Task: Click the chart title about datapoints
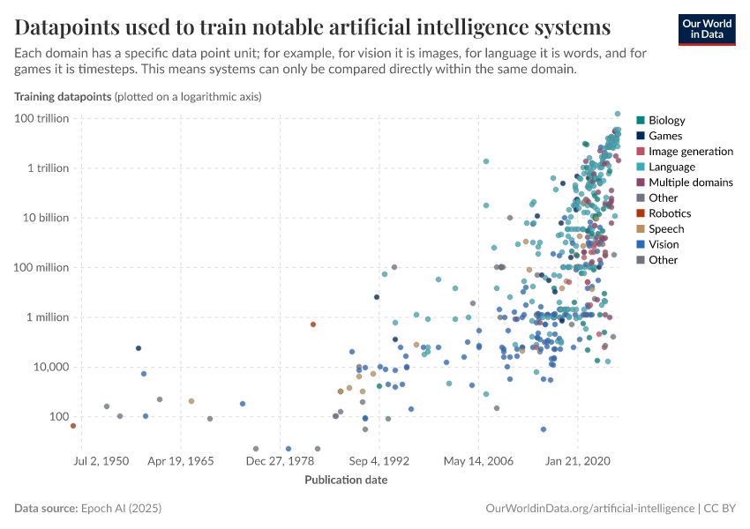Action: pos(312,24)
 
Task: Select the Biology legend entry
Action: pos(666,121)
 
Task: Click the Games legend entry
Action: pos(664,136)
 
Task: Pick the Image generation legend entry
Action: pos(690,152)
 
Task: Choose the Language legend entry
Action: pos(671,167)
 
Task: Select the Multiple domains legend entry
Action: pos(690,183)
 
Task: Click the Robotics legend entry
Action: pos(669,213)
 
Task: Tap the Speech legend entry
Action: pos(666,229)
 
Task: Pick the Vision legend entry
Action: pos(664,244)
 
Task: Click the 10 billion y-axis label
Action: pos(44,218)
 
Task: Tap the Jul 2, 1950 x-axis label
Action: pos(101,461)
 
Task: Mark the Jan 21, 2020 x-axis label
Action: pos(577,461)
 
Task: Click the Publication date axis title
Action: pos(346,481)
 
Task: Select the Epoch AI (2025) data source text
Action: pos(120,509)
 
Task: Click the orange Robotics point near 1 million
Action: pos(313,324)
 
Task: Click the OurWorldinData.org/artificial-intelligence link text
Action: pos(590,509)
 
